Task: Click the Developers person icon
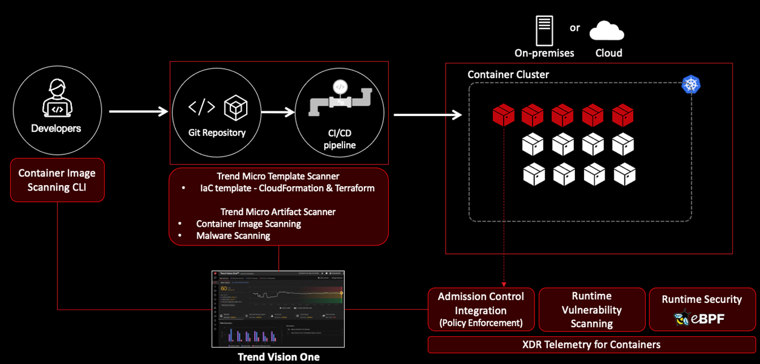(x=57, y=98)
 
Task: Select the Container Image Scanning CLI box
(x=57, y=180)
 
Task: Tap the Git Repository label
(x=217, y=132)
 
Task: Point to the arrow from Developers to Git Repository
(x=138, y=111)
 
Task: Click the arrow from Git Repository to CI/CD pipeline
(x=278, y=112)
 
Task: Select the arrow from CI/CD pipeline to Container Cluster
(x=427, y=114)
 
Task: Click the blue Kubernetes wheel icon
(x=690, y=85)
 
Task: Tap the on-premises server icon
(x=544, y=30)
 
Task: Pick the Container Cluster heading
(x=508, y=74)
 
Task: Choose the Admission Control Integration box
(x=481, y=310)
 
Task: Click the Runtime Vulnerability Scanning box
(x=591, y=310)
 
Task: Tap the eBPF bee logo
(x=683, y=317)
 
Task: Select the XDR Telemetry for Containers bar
(x=591, y=345)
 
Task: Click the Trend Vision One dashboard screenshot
(x=278, y=308)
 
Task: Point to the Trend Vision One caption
(x=278, y=357)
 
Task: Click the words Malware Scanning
(x=233, y=235)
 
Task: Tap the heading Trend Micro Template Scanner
(x=278, y=176)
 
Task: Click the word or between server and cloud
(x=574, y=28)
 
